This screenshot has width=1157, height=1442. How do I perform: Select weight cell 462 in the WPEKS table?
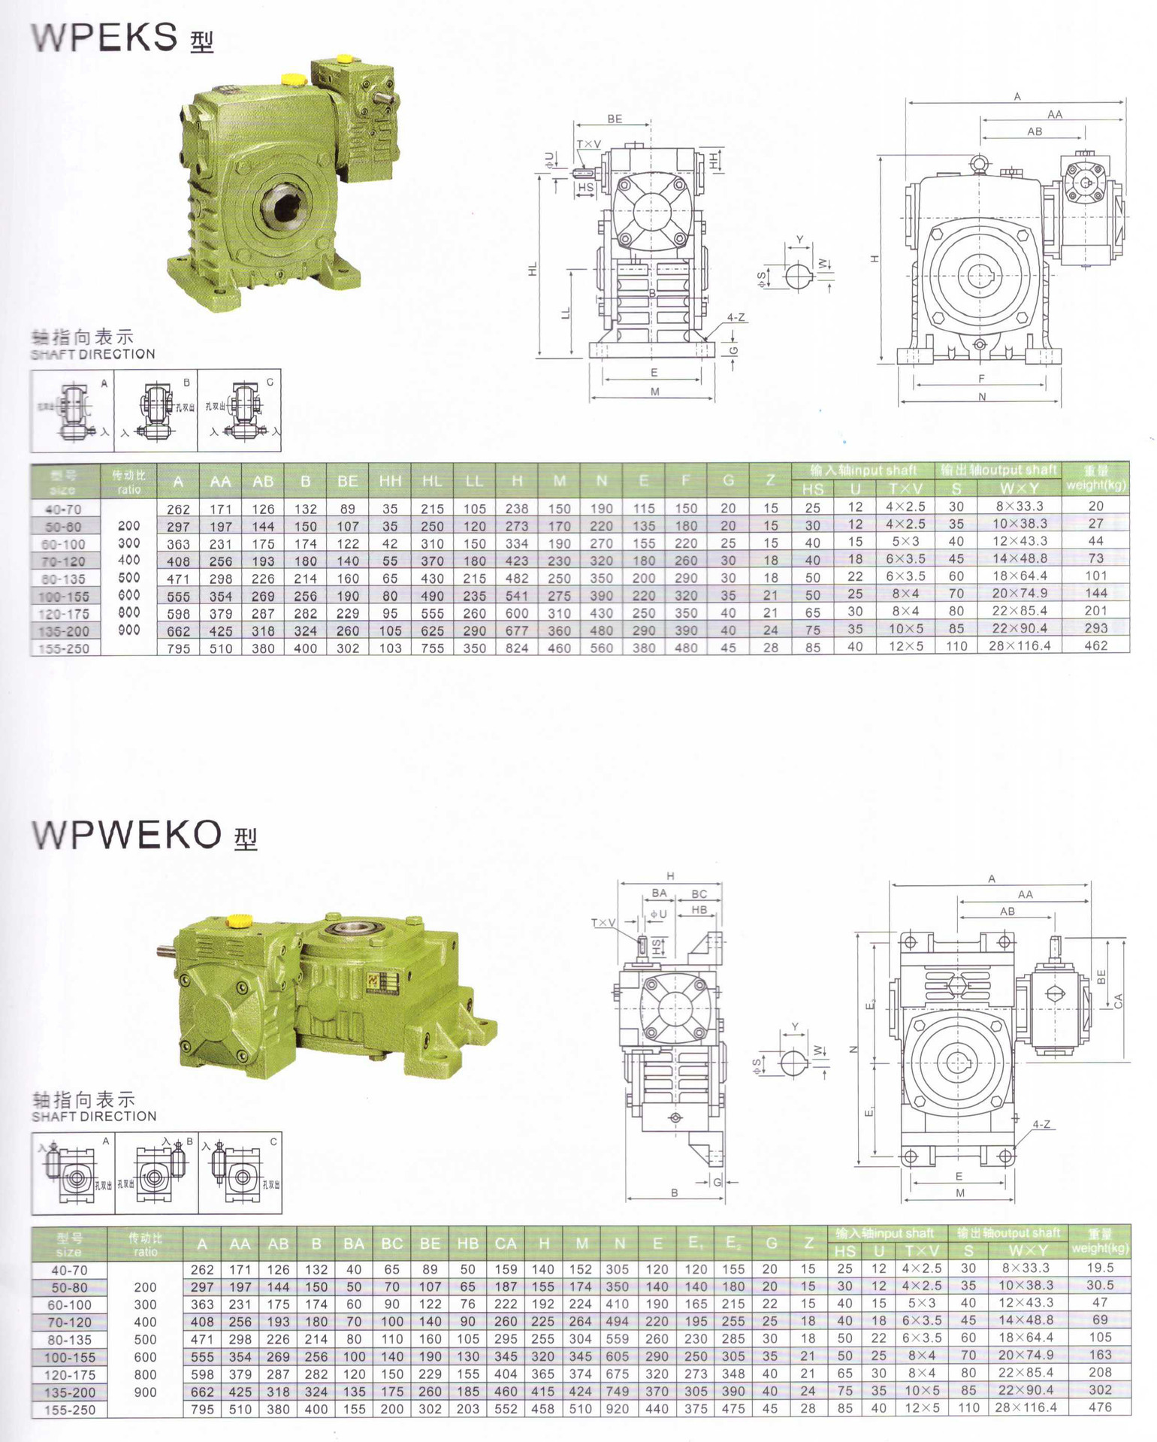coord(1095,645)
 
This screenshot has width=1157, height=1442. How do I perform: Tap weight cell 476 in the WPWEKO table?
coord(1100,1407)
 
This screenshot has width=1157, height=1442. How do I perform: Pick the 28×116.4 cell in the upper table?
coord(1019,645)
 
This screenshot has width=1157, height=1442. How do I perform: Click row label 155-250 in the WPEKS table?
coord(65,648)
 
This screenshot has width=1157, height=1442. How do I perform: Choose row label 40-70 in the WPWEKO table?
coord(69,1270)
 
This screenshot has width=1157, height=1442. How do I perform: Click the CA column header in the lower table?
coord(505,1244)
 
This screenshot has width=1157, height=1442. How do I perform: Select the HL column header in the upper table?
coord(432,481)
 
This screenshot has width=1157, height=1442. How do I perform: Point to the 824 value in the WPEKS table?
coord(517,648)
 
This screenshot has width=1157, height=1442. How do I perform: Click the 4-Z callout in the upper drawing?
coord(736,318)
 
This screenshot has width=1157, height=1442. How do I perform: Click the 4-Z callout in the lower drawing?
coord(1041,1125)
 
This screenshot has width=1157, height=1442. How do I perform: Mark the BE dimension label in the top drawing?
coord(615,119)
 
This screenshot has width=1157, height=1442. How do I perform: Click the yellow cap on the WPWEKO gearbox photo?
coord(239,921)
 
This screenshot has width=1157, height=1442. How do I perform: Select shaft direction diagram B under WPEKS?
coord(156,410)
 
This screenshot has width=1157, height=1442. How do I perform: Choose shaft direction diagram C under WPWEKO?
coord(240,1173)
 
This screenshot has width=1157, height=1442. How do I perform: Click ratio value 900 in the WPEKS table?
coord(129,630)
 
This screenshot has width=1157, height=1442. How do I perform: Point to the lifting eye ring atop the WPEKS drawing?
coord(979,162)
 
